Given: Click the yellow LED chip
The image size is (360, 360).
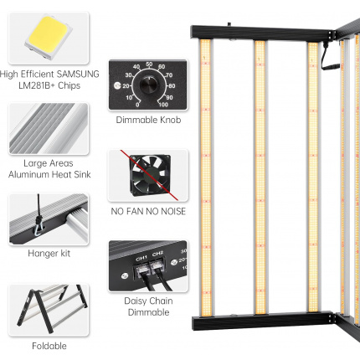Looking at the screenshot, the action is click(49, 37).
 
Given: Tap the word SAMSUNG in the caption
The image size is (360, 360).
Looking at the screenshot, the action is click(78, 74).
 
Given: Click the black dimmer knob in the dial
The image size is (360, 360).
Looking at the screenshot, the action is click(148, 85).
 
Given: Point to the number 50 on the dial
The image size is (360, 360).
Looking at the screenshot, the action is click(149, 64).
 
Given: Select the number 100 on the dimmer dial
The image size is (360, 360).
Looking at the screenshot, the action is click(163, 105).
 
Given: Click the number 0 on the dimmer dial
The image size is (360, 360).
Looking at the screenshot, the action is click(137, 105).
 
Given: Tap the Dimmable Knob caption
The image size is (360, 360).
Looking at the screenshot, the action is click(148, 120).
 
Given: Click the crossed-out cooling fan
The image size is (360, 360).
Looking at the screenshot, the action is click(150, 175).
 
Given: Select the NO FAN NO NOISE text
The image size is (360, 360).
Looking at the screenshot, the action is click(148, 211).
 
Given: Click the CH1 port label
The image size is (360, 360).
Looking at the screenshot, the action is click(141, 259).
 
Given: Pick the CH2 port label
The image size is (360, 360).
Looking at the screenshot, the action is click(157, 254).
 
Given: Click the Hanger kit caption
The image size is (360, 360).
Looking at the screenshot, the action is click(49, 254).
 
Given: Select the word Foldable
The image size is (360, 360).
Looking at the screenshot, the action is click(49, 346).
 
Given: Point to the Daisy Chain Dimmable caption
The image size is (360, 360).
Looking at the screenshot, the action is click(148, 306).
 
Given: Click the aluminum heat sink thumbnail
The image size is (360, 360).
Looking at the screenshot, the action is click(49, 129).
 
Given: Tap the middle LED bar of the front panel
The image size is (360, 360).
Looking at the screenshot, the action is click(260, 177).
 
